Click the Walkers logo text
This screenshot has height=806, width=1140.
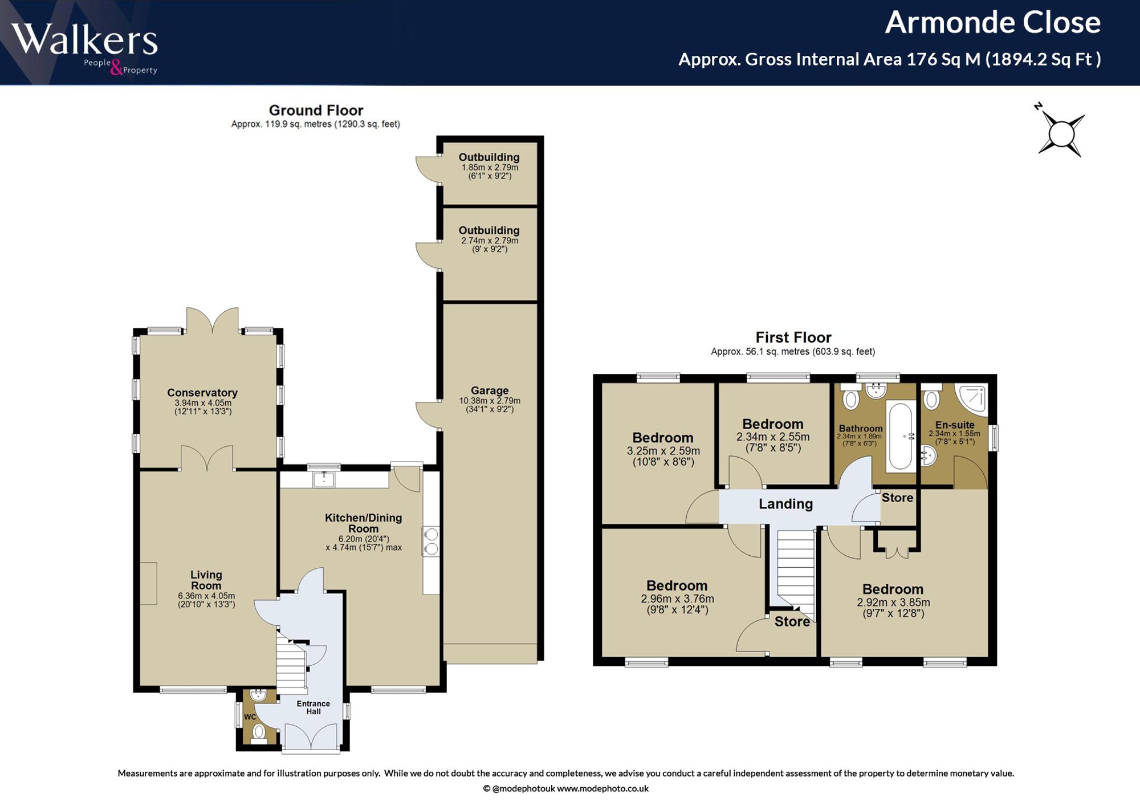[84, 40]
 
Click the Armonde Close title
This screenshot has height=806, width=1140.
[992, 23]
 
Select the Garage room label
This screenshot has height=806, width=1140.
[490, 390]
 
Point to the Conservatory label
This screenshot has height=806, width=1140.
[202, 393]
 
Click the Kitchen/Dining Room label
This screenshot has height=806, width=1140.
[364, 523]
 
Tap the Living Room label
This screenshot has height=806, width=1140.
[206, 580]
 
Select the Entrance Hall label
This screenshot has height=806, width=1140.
[313, 707]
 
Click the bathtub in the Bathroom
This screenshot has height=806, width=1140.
[900, 437]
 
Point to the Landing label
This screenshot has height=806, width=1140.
[785, 504]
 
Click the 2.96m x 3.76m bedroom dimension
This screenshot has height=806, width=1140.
[677, 599]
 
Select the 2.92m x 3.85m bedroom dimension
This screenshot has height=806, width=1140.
[893, 603]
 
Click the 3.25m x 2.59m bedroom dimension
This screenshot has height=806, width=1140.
[663, 451]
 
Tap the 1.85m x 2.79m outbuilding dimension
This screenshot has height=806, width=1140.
[490, 168]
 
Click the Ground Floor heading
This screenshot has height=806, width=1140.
[316, 110]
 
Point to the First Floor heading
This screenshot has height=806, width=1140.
[793, 337]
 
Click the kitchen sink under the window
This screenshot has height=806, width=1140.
[324, 479]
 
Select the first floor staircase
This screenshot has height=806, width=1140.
[796, 572]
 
